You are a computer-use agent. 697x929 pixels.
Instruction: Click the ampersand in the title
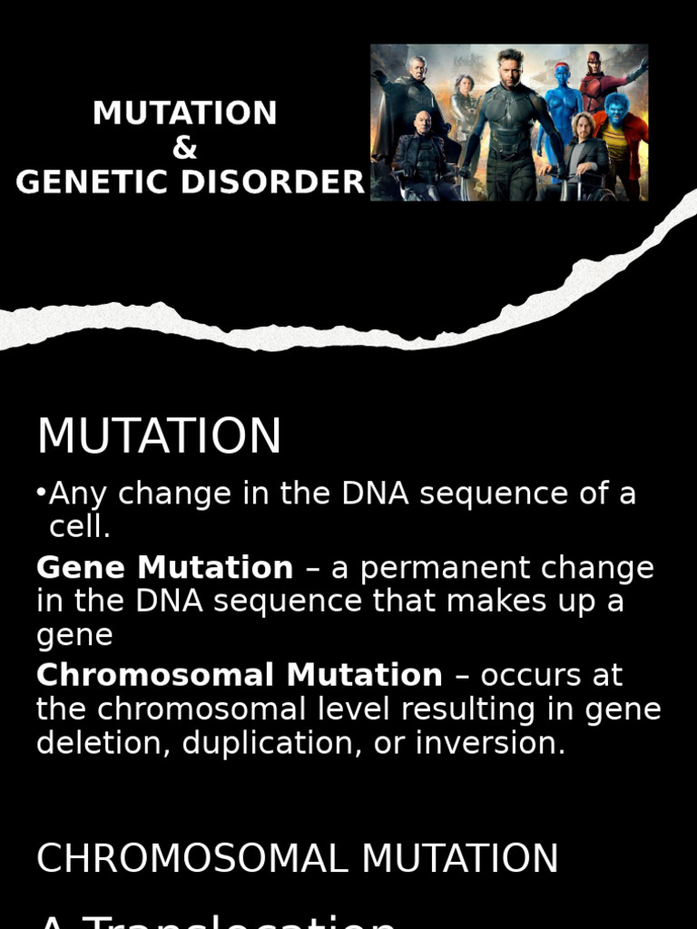pyautogui.click(x=184, y=149)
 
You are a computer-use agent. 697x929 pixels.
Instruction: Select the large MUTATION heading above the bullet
pyautogui.click(x=160, y=436)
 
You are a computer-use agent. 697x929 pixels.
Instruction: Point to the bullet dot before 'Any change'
pyautogui.click(x=42, y=493)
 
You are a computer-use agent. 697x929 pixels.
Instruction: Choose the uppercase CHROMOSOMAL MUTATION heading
pyautogui.click(x=298, y=858)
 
